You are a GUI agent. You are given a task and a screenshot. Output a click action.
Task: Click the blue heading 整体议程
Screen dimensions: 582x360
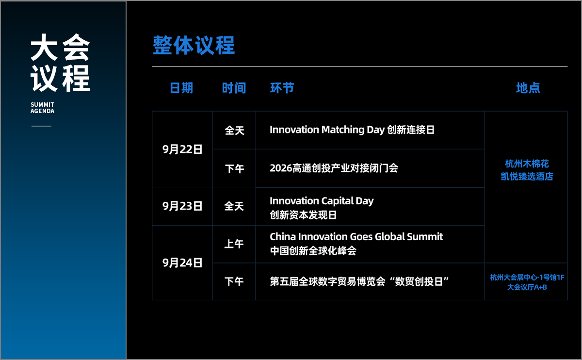pos(194,46)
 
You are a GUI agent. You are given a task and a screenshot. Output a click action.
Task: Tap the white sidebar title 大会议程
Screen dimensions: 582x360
pos(60,63)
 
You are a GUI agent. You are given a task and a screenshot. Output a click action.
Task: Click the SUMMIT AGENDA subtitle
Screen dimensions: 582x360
pos(42,108)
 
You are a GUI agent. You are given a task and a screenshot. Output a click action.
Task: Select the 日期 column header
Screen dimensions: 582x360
pos(181,88)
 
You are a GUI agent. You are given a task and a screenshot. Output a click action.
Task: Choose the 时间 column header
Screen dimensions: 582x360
pos(234,88)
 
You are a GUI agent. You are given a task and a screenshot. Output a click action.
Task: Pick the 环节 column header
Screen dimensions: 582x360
pos(282,88)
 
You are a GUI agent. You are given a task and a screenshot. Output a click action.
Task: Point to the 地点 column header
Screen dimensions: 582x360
pos(528,88)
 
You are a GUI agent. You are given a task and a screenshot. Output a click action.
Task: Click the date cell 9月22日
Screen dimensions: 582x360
pos(182,149)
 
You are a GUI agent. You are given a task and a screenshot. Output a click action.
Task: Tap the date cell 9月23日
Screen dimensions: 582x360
pos(182,206)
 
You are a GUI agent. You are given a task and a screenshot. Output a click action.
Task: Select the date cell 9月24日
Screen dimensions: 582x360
pos(182,263)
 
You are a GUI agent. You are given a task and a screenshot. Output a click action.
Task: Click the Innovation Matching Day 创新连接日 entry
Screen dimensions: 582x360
pos(352,130)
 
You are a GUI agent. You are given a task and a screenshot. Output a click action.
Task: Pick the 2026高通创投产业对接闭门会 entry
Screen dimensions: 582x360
pos(334,168)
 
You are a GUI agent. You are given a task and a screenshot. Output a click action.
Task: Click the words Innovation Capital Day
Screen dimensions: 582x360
pos(322,201)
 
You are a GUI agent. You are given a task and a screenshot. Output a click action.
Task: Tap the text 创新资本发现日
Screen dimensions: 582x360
pos(303,215)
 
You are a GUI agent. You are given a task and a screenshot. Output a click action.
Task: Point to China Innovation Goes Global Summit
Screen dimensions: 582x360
pos(356,237)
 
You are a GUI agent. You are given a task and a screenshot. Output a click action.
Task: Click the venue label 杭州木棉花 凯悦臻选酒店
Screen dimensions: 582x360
pos(527,170)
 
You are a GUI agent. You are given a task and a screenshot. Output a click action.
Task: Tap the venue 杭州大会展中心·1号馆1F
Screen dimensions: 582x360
pos(527,278)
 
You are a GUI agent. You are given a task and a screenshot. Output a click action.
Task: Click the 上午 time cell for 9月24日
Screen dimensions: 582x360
pos(234,244)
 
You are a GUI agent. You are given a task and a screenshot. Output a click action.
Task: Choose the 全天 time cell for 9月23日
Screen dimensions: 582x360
pos(234,206)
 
